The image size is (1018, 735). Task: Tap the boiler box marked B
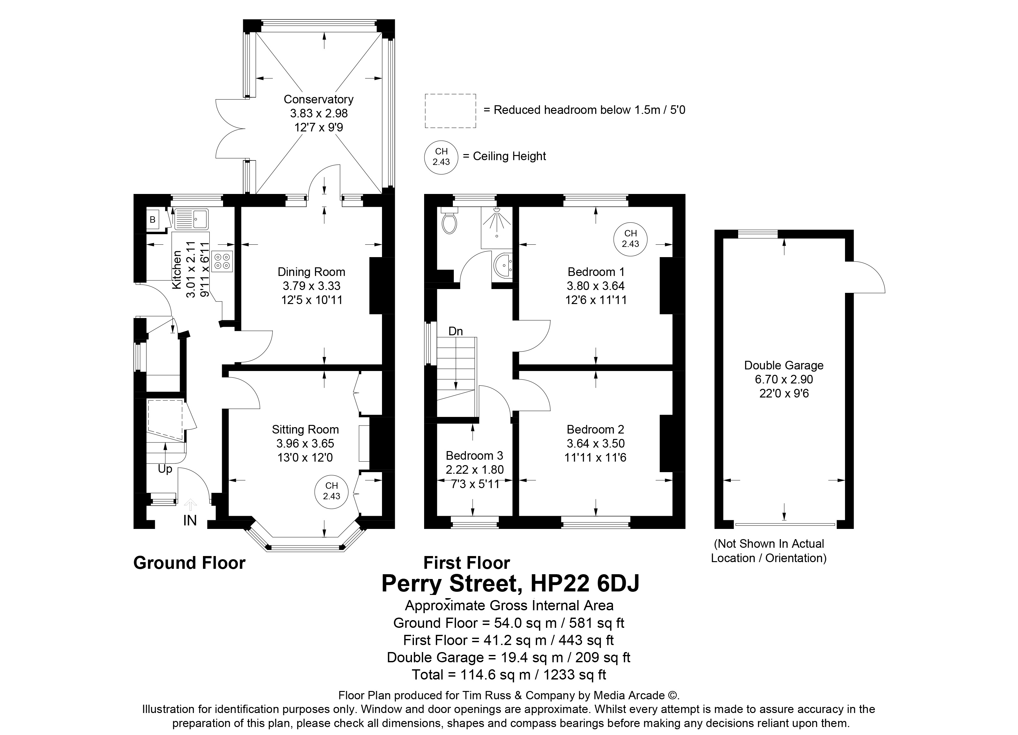pyautogui.click(x=153, y=220)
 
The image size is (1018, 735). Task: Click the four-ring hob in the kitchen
pyautogui.click(x=223, y=261)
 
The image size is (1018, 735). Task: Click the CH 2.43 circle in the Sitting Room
pyautogui.click(x=332, y=491)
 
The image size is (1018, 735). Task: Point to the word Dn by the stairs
pyautogui.click(x=456, y=331)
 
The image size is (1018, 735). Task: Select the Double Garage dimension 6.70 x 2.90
pyautogui.click(x=784, y=379)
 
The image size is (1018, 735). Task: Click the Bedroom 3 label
pyautogui.click(x=475, y=456)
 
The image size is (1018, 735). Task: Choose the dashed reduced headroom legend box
pyautogui.click(x=450, y=111)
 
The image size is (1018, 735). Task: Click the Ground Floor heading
pyautogui.click(x=190, y=563)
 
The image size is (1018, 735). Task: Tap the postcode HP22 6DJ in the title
pyautogui.click(x=585, y=583)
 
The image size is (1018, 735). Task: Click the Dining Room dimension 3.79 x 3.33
pyautogui.click(x=311, y=286)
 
